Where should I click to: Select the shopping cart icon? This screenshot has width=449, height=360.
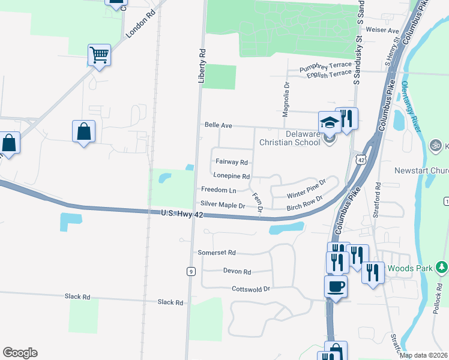[99, 55]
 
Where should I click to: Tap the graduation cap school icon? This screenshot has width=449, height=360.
[329, 122]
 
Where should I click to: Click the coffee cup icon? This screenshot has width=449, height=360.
[336, 286]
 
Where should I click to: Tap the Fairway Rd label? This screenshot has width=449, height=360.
[232, 162]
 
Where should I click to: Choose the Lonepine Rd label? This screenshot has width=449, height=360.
[231, 176]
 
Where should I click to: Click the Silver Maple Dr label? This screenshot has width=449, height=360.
[223, 205]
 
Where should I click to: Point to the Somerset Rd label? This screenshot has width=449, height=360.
[217, 253]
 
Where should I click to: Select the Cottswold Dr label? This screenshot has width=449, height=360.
[252, 289]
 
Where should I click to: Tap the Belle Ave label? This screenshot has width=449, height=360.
[218, 126]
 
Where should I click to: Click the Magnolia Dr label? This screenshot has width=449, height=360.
[287, 97]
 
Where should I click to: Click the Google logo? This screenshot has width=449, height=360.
[20, 353]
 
